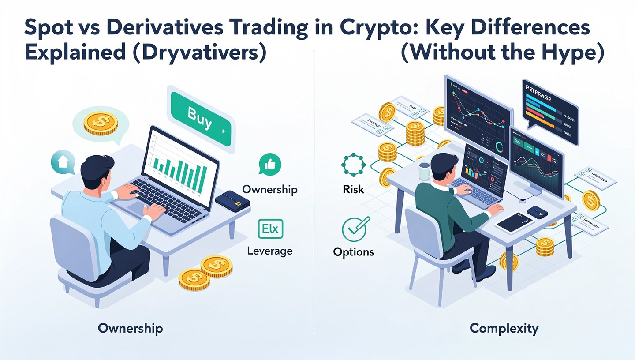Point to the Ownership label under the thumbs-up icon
(x=270, y=190)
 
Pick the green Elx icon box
(x=270, y=229)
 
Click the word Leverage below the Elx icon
(x=270, y=251)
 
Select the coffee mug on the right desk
(x=424, y=171)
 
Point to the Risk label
(x=353, y=189)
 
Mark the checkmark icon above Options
(x=353, y=229)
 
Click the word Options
(x=353, y=252)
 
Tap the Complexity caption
(x=504, y=328)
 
